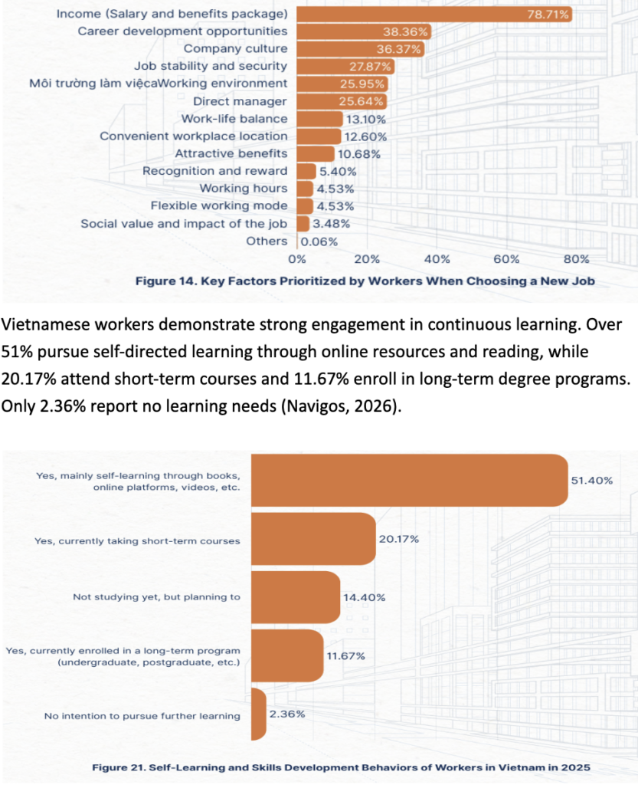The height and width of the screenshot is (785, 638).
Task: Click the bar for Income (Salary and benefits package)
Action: coord(429,14)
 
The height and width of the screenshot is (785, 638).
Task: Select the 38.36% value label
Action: coord(406,31)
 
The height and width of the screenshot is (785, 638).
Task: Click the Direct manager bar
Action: coord(342,101)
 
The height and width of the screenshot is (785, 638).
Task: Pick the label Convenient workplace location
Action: coord(194,136)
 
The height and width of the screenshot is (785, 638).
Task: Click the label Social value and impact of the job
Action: coord(184,223)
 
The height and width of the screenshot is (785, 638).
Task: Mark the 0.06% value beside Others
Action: coord(319,241)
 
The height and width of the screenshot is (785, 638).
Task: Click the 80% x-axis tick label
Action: coord(576,258)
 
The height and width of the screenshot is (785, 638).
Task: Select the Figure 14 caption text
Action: coord(365,281)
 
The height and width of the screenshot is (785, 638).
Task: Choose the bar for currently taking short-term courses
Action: coord(313,540)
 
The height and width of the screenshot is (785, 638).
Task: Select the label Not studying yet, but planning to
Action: coord(156,596)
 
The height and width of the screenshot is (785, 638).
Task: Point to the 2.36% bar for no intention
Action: coord(259,714)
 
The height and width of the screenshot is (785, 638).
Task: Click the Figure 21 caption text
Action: coord(341,766)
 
